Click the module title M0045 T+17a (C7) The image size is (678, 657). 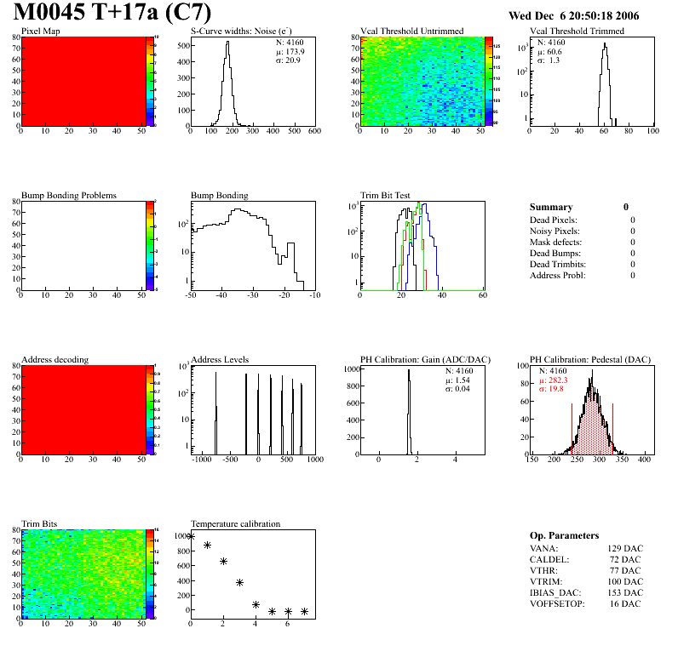tap(112, 14)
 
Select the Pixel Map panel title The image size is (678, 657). tap(40, 31)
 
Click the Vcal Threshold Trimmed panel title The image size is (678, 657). tap(577, 31)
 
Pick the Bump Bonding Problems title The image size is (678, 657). tap(68, 196)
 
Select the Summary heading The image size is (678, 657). tap(551, 207)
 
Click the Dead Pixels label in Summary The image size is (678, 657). tap(553, 220)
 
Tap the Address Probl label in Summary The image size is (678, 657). tap(556, 275)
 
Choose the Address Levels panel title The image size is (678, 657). tap(220, 360)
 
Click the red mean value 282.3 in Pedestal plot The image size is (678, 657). tap(557, 380)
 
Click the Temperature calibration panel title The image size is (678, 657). tap(235, 524)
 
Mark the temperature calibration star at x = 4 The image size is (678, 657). tap(256, 605)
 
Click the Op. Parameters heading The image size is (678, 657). tap(564, 535)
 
